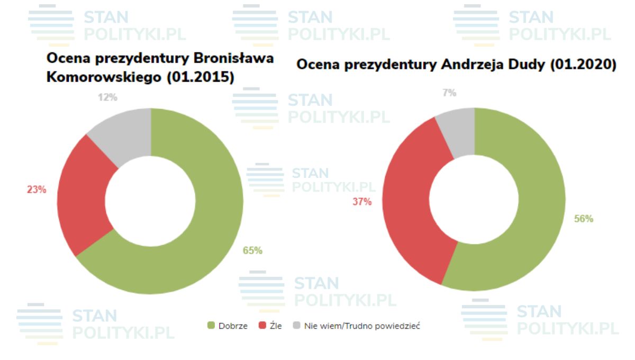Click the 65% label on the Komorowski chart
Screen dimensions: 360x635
coord(252,250)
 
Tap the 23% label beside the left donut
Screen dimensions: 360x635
coord(37,190)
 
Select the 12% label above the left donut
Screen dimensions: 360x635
coord(107,97)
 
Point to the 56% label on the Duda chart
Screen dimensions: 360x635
coord(584,219)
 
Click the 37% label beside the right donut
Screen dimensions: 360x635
coord(362,201)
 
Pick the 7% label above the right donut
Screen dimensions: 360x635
coord(449,93)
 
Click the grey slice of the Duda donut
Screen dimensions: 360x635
coord(458,130)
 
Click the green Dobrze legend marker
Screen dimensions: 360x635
coord(211,326)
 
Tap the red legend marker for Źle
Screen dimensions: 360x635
coord(262,326)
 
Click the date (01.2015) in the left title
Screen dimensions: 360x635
coord(201,77)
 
